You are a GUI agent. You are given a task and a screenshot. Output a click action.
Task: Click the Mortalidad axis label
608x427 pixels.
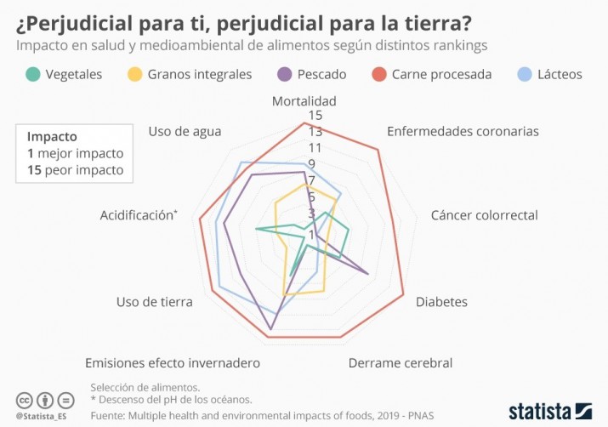[304, 101]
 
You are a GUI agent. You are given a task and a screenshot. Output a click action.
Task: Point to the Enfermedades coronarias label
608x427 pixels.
[463, 131]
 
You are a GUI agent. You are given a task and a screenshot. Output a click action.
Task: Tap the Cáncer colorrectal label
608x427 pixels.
[484, 215]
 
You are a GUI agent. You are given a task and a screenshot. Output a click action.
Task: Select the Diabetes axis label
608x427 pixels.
[441, 302]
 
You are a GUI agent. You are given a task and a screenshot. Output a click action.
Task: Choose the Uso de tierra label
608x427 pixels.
[154, 302]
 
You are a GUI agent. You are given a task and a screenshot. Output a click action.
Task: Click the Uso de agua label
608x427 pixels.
[185, 131]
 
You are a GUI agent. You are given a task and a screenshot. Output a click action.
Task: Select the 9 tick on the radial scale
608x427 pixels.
[311, 163]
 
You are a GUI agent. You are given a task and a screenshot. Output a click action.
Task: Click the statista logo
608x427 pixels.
[549, 411]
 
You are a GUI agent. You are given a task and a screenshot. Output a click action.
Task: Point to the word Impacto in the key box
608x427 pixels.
[52, 136]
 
